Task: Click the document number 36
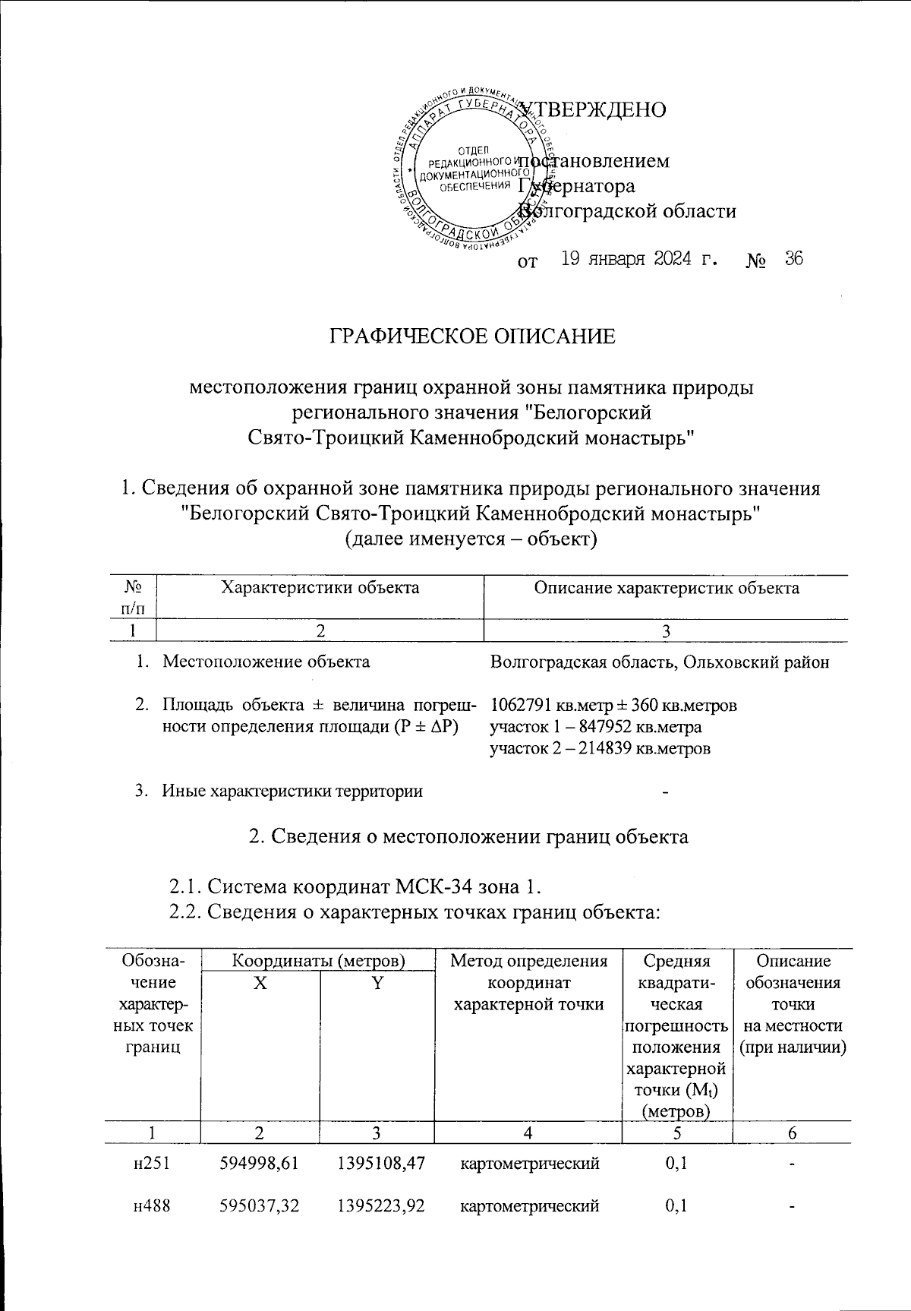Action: click(794, 260)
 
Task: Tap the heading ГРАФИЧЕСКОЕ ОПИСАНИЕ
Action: click(471, 336)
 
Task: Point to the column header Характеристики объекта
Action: click(319, 588)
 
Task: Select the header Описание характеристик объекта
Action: click(667, 588)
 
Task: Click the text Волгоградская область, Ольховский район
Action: click(659, 662)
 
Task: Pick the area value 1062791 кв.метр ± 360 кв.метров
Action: click(613, 706)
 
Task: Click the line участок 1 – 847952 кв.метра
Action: click(595, 727)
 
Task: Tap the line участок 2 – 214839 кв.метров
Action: click(600, 749)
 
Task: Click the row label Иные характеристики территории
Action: click(292, 791)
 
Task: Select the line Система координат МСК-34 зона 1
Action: click(355, 886)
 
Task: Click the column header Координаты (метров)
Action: click(317, 962)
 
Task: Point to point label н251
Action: click(150, 1164)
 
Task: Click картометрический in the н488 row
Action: click(531, 1205)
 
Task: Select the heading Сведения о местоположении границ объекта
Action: click(468, 837)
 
